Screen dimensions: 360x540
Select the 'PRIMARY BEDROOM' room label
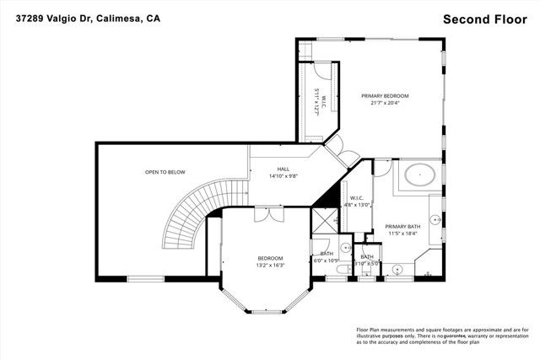(385, 96)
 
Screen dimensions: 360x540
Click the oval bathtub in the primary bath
(419, 177)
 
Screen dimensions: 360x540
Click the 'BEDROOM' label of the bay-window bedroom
(270, 258)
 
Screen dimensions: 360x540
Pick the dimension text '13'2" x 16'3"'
(270, 266)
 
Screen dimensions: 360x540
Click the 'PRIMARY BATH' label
(402, 226)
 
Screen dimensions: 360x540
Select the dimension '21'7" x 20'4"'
(385, 104)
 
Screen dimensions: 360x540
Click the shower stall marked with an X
(324, 221)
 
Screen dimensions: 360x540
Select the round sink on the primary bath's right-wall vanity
(435, 219)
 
